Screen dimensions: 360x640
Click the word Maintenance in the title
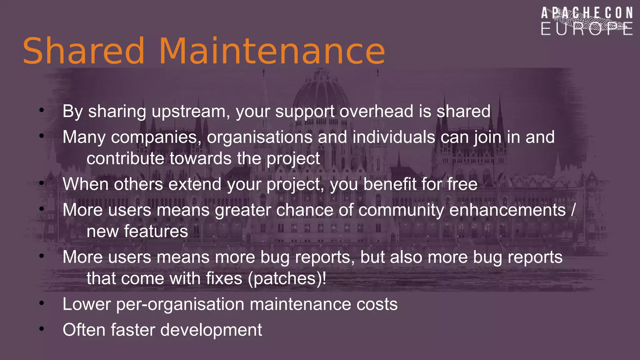pyautogui.click(x=272, y=51)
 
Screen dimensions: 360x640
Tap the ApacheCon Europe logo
pyautogui.click(x=587, y=21)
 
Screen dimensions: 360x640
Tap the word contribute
pyautogui.click(x=125, y=158)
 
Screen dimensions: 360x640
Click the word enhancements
pyautogui.click(x=507, y=210)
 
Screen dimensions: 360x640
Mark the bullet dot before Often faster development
pyautogui.click(x=42, y=329)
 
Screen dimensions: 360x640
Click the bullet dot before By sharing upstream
pyautogui.click(x=42, y=110)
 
